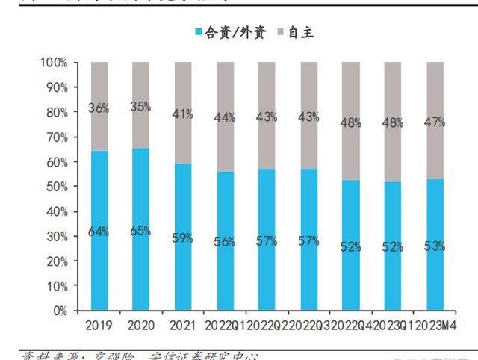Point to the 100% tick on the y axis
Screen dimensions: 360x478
[x=56, y=63]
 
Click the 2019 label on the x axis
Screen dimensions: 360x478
[x=99, y=326]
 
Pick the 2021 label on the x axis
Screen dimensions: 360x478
[x=182, y=326]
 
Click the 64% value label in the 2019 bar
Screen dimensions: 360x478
[x=98, y=232]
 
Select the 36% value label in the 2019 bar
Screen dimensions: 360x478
[x=98, y=108]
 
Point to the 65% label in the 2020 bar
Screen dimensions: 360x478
[x=140, y=231]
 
